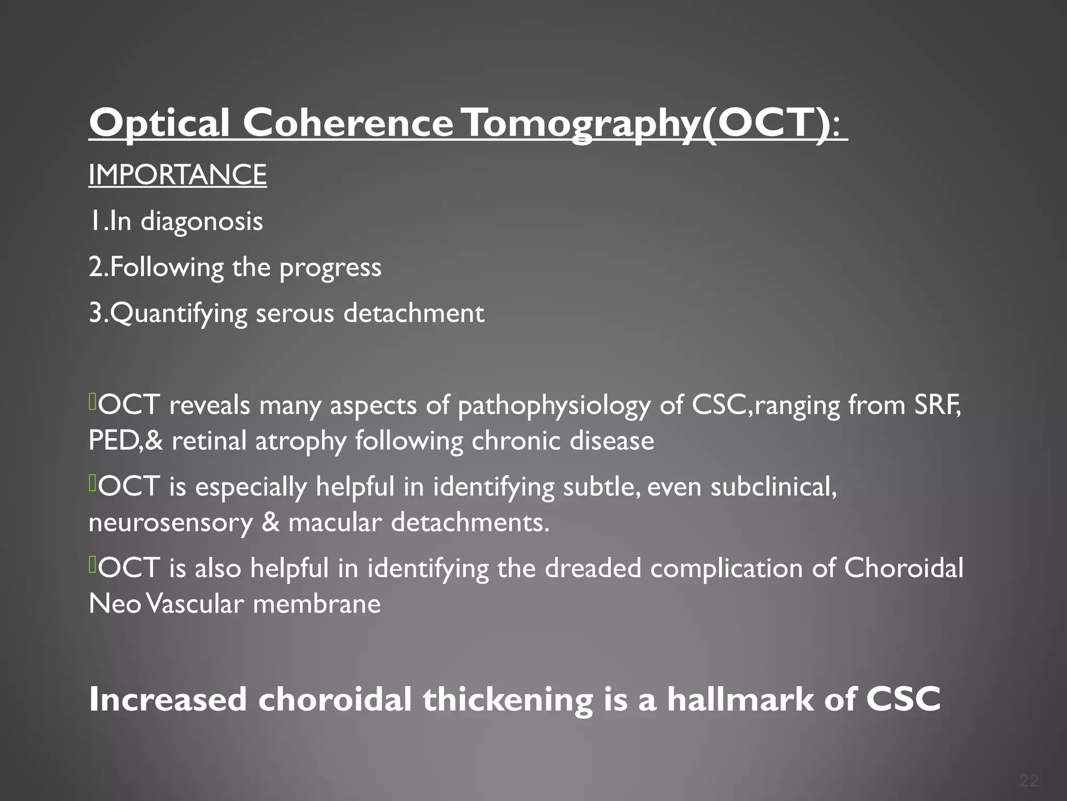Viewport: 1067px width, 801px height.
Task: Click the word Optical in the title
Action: coord(159,123)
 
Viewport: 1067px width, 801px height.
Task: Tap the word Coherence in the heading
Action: coord(348,123)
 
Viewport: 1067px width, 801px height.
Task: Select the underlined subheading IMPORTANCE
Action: coord(178,174)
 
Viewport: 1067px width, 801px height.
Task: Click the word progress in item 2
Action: coord(330,268)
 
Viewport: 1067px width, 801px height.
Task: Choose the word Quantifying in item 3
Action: coord(178,313)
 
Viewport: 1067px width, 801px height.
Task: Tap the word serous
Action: coord(295,313)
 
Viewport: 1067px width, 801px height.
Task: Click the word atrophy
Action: coord(301,441)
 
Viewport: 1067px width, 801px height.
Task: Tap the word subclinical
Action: coord(773,487)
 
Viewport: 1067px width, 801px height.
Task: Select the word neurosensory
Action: coord(170,523)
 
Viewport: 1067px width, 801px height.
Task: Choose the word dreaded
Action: coord(593,568)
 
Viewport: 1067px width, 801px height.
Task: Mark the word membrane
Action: coord(317,604)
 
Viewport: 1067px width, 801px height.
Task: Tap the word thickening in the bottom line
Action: coord(508,699)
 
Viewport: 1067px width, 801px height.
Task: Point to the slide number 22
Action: coord(1029,781)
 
